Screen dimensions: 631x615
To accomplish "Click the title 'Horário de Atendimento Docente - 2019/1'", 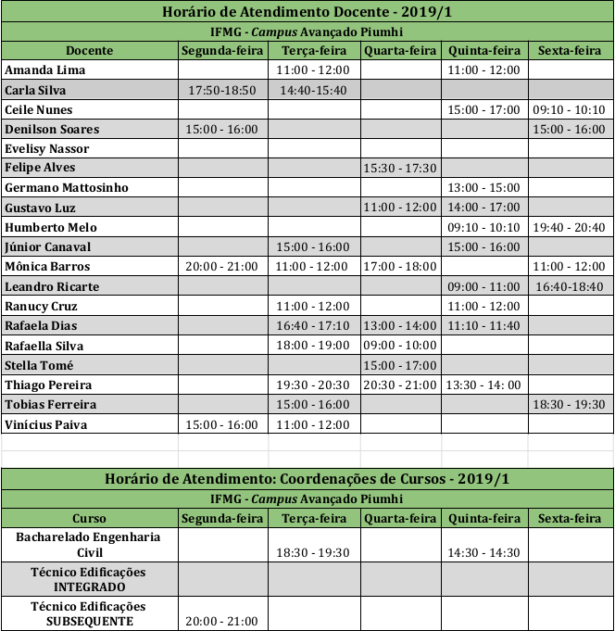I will pos(307,12).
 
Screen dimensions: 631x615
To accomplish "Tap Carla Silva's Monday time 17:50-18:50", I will pos(222,90).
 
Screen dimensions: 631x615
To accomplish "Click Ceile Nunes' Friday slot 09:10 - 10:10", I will pos(570,109).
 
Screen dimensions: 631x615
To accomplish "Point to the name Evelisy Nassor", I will pos(47,148).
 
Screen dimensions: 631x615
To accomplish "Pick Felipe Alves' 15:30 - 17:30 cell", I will pos(401,168).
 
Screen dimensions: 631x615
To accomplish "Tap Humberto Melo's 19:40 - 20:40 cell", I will pos(570,227).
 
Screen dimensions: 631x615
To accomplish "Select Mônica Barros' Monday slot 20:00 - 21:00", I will pos(222,266).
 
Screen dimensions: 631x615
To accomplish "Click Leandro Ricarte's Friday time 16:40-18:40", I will pos(570,286).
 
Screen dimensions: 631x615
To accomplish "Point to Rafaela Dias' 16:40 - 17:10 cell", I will pos(313,325).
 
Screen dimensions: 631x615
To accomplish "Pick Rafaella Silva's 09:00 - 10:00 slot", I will pos(401,346).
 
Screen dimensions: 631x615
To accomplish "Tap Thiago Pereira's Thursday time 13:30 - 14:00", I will pos(483,385).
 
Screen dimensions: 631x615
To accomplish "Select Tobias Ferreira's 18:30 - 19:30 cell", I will pos(570,404).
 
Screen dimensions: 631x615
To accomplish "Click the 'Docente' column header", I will pos(89,50).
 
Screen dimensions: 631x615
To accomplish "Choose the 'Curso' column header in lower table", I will pos(89,519).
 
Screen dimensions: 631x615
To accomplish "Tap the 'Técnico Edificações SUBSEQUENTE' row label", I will pos(89,613).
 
